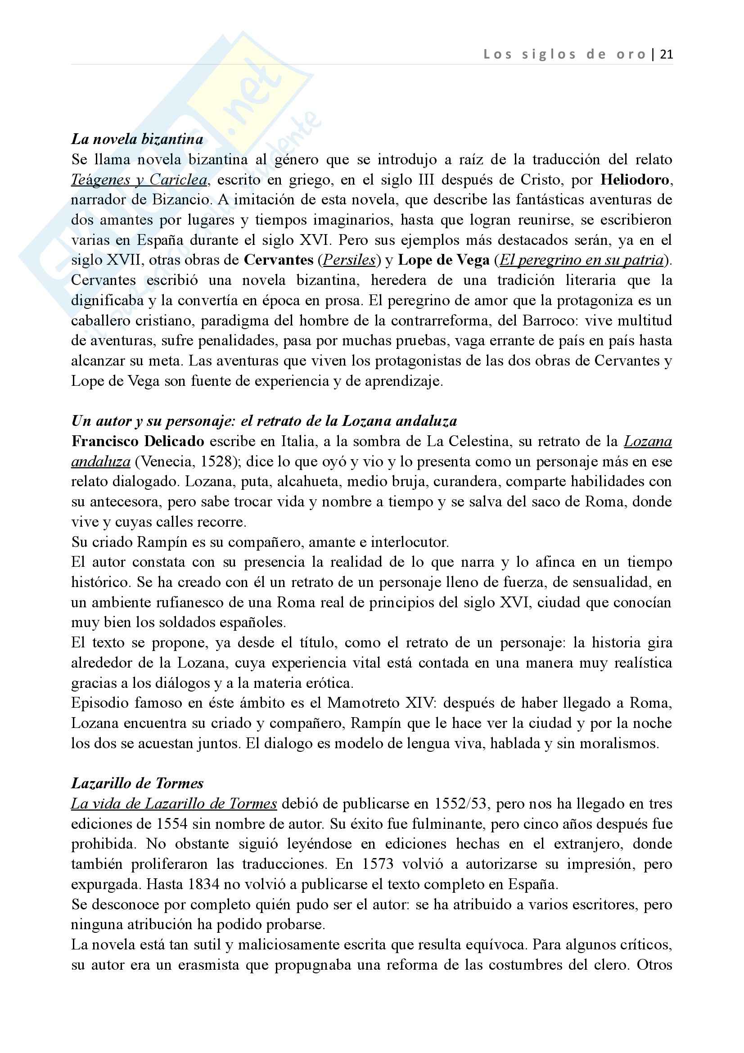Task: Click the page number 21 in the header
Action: (x=666, y=54)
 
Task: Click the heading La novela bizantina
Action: (x=137, y=139)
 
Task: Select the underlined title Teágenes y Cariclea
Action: (x=139, y=179)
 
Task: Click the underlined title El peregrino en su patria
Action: (x=581, y=260)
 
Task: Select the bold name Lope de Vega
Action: (x=444, y=260)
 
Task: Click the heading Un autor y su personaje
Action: (x=264, y=421)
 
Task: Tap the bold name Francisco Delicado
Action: (x=138, y=441)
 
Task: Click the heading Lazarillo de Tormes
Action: (x=137, y=783)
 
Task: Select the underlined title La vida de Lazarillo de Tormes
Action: (x=174, y=804)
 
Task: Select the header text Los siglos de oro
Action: (x=564, y=54)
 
